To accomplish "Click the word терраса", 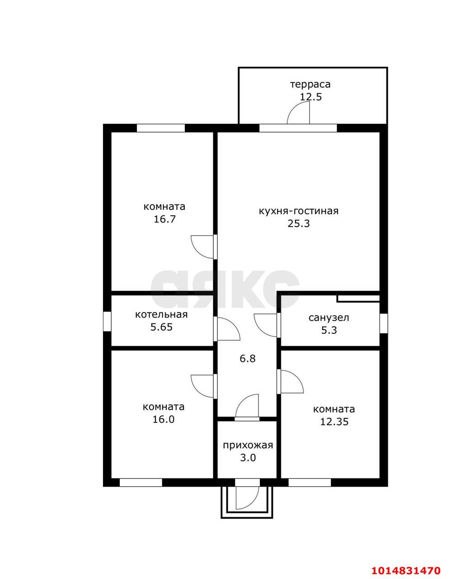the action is pos(310,85).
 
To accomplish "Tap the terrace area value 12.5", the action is pos(311,96).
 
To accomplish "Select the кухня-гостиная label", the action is pos(299,211).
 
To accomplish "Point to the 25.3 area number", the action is pos(299,223).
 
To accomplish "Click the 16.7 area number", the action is pos(164,219).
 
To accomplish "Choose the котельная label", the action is pos(161,314).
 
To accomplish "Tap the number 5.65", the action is pos(161,327).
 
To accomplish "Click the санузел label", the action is pos(329,318).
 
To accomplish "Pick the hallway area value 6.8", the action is pos(248,358).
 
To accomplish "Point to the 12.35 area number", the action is pos(334,422).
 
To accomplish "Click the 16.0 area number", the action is pos(164,419).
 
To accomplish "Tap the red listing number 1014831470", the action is pos(406,568).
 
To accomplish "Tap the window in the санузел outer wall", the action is pos(383,323).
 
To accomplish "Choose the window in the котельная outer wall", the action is pos(107,321).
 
